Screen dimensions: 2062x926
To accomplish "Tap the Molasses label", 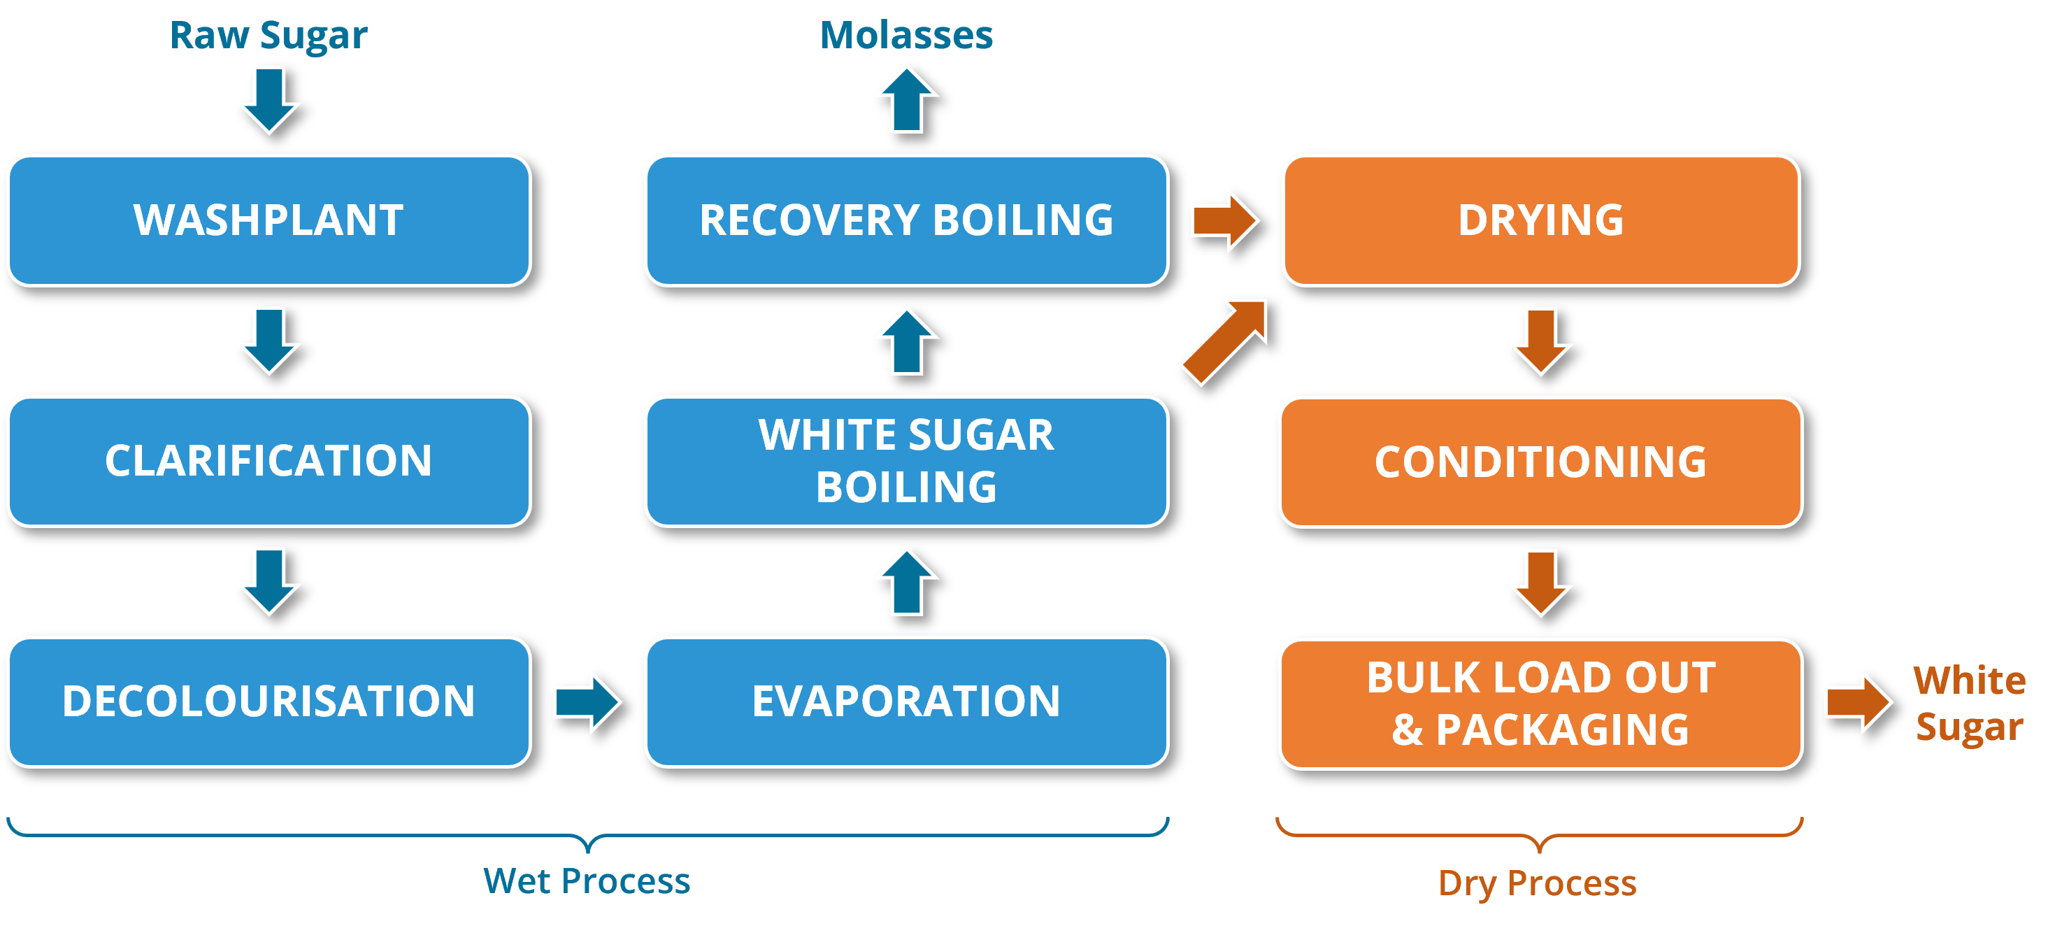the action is tap(906, 35).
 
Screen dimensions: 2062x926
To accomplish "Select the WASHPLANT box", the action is tap(270, 220).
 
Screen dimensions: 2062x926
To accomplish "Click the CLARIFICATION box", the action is tap(270, 461).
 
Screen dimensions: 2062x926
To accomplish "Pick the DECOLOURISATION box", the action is tap(270, 702).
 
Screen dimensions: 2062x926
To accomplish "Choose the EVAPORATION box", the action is tap(907, 702).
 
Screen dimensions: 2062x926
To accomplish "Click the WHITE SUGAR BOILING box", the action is tap(907, 461).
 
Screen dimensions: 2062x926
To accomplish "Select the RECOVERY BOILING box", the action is tap(907, 220).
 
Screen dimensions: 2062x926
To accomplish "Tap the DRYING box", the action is tap(1542, 220).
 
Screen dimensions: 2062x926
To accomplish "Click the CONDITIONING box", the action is tap(1542, 462).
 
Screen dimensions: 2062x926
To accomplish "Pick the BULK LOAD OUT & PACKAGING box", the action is tap(1542, 704).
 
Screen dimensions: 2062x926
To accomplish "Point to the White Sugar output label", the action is tap(1969, 703).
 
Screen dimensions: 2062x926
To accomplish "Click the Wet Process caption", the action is tap(587, 881).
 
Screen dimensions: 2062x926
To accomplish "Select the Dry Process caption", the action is tap(1538, 883).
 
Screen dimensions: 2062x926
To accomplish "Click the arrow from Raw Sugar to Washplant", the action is tap(270, 100).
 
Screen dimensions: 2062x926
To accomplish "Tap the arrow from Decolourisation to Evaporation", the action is tap(587, 702).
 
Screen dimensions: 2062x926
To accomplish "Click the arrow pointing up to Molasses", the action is tap(907, 100).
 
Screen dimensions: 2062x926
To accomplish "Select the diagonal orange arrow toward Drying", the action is tap(1225, 342).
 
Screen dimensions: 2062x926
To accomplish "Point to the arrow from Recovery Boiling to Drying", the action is tap(1225, 220).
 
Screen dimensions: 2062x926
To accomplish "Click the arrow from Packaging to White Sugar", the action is tap(1859, 703).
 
